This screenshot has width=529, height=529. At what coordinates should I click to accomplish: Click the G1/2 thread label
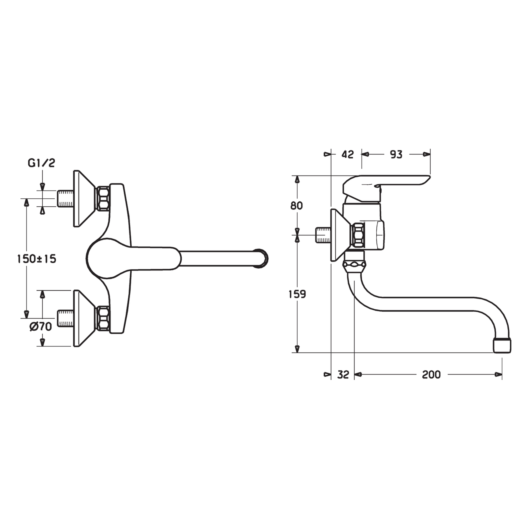pyautogui.click(x=41, y=163)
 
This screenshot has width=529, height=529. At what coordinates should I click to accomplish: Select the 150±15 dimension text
pyautogui.click(x=37, y=259)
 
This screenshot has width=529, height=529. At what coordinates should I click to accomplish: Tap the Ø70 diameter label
pyautogui.click(x=41, y=327)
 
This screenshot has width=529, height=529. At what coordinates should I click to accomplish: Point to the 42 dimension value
pyautogui.click(x=347, y=155)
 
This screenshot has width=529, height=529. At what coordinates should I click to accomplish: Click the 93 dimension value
pyautogui.click(x=396, y=155)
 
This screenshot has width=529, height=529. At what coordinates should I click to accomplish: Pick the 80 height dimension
pyautogui.click(x=296, y=206)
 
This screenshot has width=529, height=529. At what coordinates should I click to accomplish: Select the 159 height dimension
pyautogui.click(x=297, y=295)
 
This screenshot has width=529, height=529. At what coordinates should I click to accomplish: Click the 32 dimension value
pyautogui.click(x=343, y=374)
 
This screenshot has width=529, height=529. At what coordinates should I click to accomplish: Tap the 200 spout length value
pyautogui.click(x=431, y=374)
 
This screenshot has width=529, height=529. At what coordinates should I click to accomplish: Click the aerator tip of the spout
pyautogui.click(x=502, y=345)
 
